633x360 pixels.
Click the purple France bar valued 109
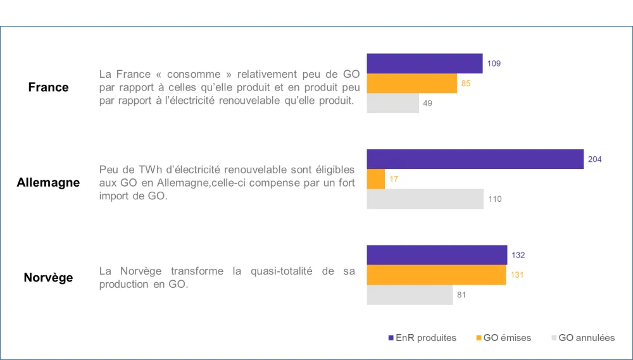click(425, 63)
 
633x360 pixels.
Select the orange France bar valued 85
click(412, 84)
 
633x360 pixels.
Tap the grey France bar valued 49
click(393, 103)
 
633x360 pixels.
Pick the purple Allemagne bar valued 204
click(475, 159)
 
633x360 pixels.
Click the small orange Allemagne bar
click(376, 179)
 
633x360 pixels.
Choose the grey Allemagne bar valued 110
click(425, 199)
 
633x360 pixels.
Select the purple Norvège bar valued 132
click(437, 255)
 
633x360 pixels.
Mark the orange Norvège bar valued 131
click(437, 275)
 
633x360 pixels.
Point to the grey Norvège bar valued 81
click(410, 295)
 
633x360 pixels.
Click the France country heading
click(49, 87)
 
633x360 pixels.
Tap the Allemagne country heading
click(49, 183)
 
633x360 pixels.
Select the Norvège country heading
click(49, 278)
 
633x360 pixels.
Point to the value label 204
click(594, 159)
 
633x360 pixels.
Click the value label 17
click(394, 179)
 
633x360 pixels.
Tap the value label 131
click(517, 275)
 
